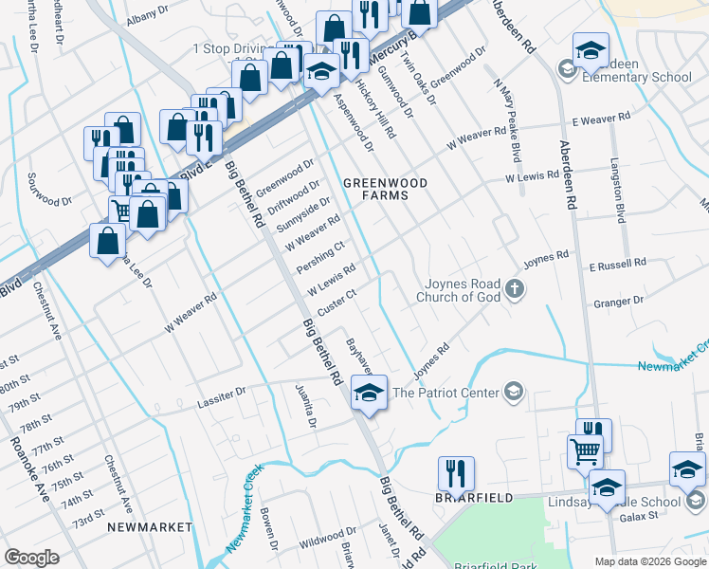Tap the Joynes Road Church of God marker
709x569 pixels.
coord(514,289)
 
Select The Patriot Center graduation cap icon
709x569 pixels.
coord(513,392)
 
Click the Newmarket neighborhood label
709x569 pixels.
coord(149,526)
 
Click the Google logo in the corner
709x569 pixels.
coord(31,558)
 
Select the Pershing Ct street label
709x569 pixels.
coord(320,258)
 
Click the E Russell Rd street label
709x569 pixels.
coord(617,262)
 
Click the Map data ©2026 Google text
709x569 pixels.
coord(649,561)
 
